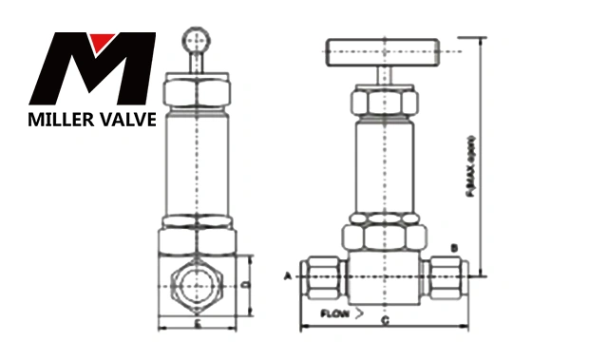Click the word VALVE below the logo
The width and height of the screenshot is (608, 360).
click(x=123, y=120)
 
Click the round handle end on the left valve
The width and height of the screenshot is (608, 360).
click(x=197, y=41)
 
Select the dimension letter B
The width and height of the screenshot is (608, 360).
click(x=455, y=249)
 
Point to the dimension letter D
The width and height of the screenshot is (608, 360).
click(x=244, y=283)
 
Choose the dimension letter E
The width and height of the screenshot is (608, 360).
click(x=197, y=324)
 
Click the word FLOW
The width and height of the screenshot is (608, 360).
click(x=334, y=313)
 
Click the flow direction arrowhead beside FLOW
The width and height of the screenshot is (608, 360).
click(x=358, y=313)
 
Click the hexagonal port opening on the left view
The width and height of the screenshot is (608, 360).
click(x=196, y=284)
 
